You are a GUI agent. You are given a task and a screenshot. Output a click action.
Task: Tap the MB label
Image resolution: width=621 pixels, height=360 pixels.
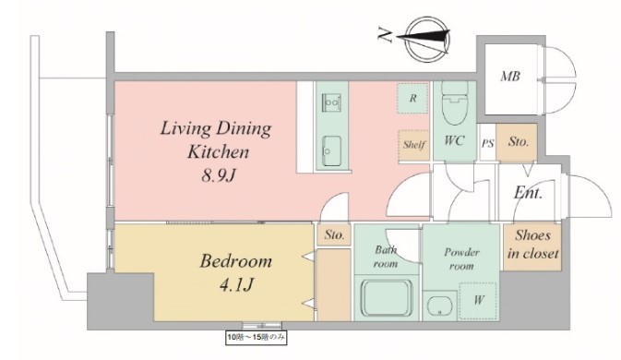click(510, 76)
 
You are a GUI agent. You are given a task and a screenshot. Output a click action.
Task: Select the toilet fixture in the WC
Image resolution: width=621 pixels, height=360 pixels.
click(454, 103)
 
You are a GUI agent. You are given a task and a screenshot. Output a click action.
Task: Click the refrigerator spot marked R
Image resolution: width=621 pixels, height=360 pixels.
click(412, 98)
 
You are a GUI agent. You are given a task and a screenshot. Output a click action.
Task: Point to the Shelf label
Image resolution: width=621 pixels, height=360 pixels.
click(414, 145)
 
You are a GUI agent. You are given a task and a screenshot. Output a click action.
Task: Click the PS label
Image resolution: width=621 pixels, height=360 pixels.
click(487, 143)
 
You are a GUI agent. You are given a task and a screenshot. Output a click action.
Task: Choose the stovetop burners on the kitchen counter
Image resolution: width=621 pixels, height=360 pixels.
click(331, 102)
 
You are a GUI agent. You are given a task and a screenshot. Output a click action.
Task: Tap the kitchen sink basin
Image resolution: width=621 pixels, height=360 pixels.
click(331, 150)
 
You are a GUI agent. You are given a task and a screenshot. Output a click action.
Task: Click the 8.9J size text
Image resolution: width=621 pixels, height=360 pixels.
click(218, 175)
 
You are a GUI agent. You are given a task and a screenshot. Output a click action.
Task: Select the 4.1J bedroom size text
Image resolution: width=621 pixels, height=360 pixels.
click(236, 284)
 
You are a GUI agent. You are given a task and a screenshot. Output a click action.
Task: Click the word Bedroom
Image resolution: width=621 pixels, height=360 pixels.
click(236, 261)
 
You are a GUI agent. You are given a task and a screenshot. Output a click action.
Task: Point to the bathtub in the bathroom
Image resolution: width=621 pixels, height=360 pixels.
click(387, 298)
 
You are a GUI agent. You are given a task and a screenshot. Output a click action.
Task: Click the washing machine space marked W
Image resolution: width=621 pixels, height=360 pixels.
click(478, 301)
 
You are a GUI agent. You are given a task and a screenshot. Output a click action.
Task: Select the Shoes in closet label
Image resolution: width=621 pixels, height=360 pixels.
click(533, 245)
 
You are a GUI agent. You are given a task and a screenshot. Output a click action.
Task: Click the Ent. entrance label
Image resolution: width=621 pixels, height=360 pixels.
click(528, 193)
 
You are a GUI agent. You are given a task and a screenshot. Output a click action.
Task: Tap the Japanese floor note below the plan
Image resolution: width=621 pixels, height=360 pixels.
click(256, 338)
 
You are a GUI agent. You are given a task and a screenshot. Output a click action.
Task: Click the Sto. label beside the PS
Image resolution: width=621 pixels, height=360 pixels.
click(519, 141)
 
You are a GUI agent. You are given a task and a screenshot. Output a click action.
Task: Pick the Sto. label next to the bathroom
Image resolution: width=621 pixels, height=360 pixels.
click(334, 234)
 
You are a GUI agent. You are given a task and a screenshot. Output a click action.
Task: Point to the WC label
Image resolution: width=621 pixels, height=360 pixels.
click(454, 140)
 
